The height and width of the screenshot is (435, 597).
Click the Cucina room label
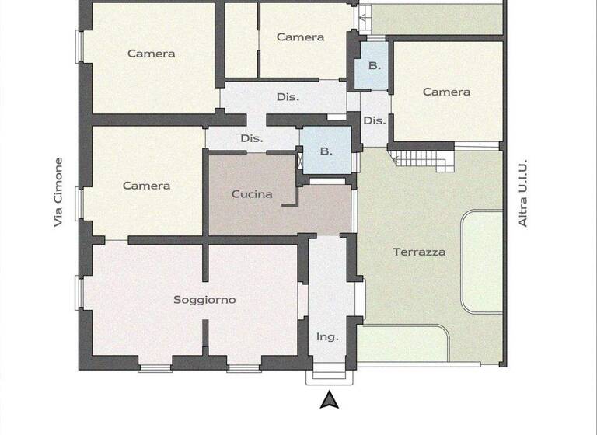coord(252,194)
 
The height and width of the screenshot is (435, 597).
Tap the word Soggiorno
coord(204,300)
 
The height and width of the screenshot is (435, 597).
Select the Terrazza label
coord(419,252)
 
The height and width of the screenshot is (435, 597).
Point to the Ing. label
coord(327,336)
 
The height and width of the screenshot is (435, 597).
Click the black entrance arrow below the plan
coord(330,399)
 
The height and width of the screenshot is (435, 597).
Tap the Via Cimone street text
coord(58,193)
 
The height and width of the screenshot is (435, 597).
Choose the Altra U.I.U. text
coord(523,193)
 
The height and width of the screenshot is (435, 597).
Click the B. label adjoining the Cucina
coord(326,151)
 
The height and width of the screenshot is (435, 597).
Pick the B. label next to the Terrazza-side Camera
coord(375,66)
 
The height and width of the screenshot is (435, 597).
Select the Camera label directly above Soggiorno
coord(146,186)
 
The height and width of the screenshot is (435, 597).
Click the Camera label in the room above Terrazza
coord(446,92)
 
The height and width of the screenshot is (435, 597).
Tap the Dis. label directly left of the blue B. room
coord(252,138)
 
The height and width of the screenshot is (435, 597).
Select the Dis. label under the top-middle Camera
coord(288,97)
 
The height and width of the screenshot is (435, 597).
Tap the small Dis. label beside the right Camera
coord(375,120)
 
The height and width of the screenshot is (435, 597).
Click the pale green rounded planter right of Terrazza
coord(483,260)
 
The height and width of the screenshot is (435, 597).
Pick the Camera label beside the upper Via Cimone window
coord(151,54)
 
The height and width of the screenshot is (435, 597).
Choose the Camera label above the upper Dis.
coord(300,37)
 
